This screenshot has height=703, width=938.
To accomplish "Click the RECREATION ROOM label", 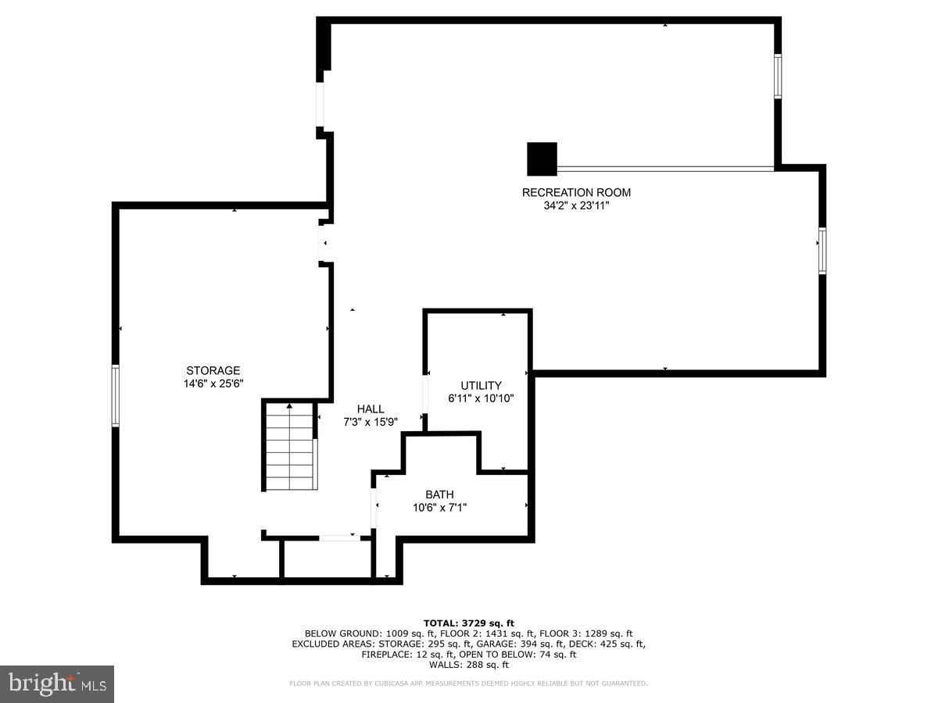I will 576,192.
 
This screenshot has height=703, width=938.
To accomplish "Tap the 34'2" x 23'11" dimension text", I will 576,205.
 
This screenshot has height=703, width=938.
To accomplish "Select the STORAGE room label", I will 213,370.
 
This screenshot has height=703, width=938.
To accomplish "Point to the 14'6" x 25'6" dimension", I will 213,384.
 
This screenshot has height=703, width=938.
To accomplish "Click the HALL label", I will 371,409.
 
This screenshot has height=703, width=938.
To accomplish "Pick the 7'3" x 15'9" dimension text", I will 371,422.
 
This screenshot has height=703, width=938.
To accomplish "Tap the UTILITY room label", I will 481,385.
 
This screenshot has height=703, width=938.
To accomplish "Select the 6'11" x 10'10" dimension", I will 481,398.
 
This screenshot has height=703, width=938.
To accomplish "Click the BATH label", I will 439,494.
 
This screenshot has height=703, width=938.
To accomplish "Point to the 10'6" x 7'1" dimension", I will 439,508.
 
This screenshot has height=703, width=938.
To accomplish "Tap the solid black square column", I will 542,159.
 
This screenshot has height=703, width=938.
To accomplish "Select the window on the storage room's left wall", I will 116,395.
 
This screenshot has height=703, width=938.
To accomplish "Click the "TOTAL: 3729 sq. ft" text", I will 469,623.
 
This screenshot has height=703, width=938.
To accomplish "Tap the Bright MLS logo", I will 57,683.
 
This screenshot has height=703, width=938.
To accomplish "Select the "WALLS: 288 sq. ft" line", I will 469,665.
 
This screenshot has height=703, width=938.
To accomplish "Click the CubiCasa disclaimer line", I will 469,683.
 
